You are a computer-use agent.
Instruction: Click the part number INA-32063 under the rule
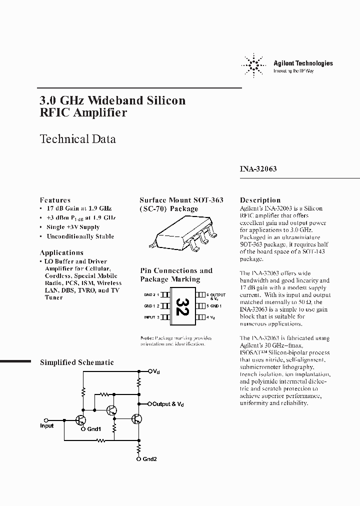click(x=258, y=169)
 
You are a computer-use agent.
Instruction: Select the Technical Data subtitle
click(x=77, y=139)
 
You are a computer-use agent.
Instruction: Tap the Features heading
click(x=55, y=199)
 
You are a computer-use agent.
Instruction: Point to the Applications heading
click(x=61, y=252)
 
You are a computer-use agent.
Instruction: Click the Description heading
click(x=260, y=199)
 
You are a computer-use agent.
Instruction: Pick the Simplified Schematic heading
click(x=76, y=362)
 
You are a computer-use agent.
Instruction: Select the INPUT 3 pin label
click(x=151, y=317)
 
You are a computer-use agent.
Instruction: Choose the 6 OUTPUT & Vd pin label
click(x=215, y=296)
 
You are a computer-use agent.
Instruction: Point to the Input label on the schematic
click(x=46, y=425)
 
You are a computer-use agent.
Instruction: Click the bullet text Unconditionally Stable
click(x=80, y=236)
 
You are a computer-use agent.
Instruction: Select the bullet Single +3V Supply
click(x=73, y=227)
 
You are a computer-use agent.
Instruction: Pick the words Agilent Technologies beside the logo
click(x=302, y=63)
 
